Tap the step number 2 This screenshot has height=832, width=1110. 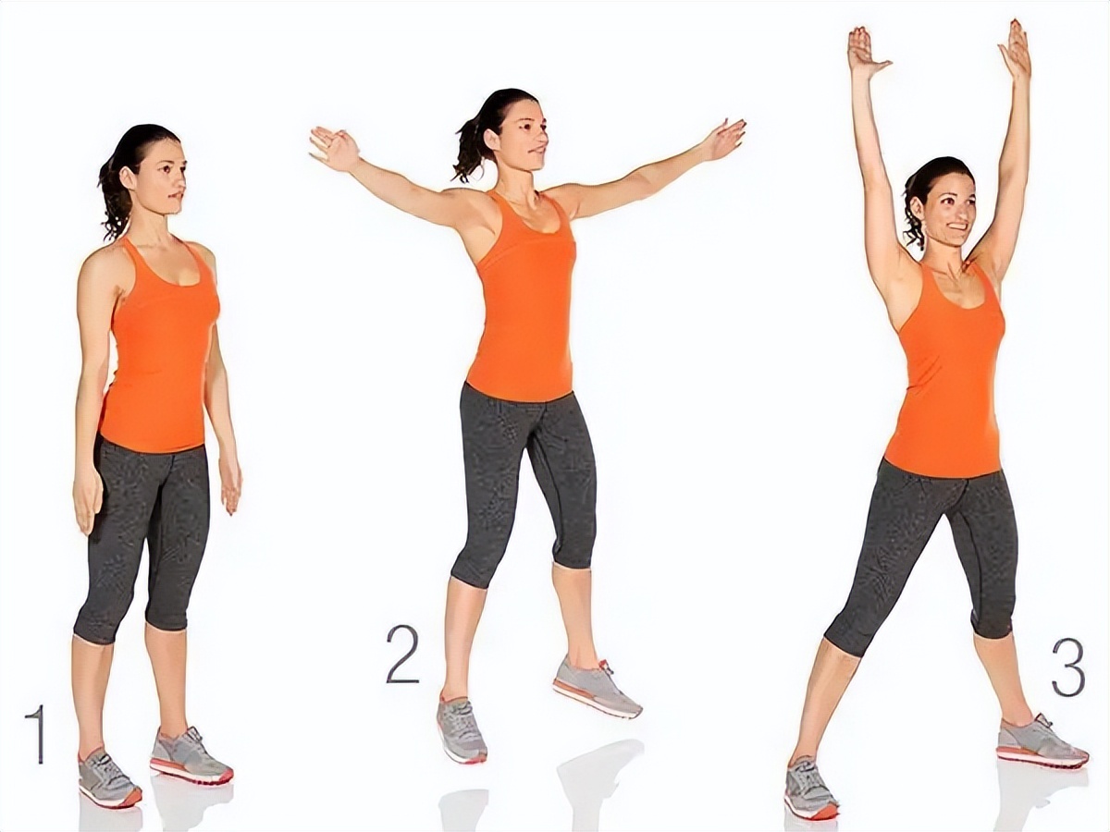[402, 654]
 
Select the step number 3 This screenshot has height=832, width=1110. [1068, 667]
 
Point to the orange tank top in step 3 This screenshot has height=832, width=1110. [941, 373]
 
